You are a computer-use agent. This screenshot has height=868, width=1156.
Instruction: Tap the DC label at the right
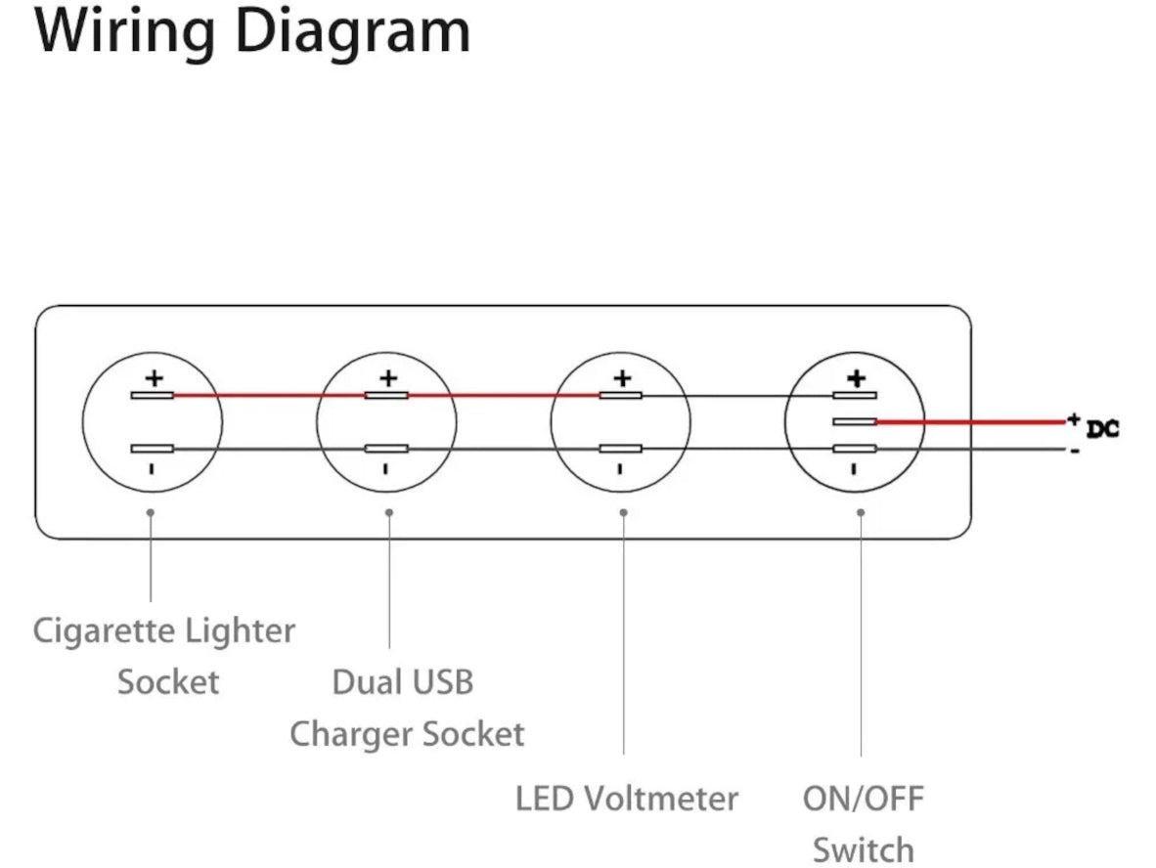click(1102, 428)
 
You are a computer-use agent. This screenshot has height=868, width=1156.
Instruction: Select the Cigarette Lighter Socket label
click(164, 655)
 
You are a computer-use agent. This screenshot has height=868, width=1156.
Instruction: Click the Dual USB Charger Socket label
click(405, 707)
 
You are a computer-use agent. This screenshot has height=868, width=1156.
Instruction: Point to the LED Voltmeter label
click(626, 799)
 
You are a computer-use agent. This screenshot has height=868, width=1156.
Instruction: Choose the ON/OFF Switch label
click(863, 823)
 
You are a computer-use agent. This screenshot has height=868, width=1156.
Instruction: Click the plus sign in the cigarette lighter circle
click(154, 377)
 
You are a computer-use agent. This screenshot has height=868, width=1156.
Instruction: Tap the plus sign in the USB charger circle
click(388, 377)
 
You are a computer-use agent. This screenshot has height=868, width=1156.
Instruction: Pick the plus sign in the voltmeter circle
click(622, 377)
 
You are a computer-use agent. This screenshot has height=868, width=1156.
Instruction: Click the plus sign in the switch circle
click(856, 377)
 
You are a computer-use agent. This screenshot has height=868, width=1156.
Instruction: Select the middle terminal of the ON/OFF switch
click(855, 422)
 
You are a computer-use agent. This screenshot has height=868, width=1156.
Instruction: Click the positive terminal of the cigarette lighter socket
click(153, 395)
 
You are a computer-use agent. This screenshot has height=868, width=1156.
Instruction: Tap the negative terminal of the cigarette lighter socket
click(153, 449)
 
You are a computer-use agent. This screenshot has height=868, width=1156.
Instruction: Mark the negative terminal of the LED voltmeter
click(621, 449)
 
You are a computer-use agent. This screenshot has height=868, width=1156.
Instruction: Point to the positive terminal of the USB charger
click(386, 395)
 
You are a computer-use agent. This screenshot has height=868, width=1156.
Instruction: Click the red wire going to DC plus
click(968, 422)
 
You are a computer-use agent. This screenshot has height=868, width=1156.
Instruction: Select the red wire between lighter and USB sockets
click(269, 395)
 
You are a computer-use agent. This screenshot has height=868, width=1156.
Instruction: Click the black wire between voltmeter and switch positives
click(738, 396)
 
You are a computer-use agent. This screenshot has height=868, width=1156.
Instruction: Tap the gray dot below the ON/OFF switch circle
click(861, 512)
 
